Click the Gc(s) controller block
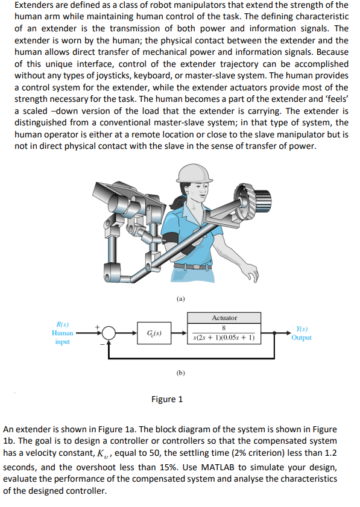click(x=153, y=333)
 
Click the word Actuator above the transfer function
click(x=224, y=318)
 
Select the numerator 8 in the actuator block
click(x=224, y=329)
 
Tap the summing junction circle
click(x=109, y=333)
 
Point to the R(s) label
click(x=62, y=324)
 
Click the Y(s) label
click(x=301, y=329)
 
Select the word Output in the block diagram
click(x=301, y=338)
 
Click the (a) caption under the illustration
click(x=180, y=298)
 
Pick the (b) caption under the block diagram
click(x=180, y=373)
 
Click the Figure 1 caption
click(x=167, y=399)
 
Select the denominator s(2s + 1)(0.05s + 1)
click(x=224, y=338)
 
